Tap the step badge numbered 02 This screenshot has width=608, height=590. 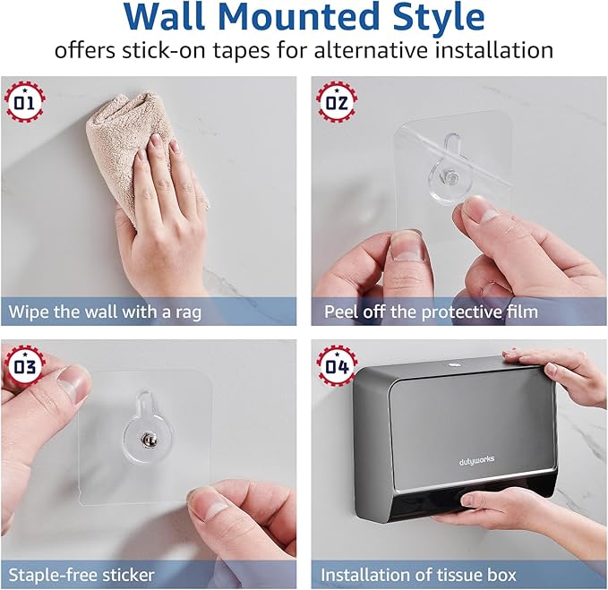(x=335, y=100)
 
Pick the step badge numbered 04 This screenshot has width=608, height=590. (x=335, y=364)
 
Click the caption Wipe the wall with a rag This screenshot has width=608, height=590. (x=106, y=312)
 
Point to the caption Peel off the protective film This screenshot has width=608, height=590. (x=430, y=312)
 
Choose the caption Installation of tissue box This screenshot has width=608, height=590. (x=418, y=574)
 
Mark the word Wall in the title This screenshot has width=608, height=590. (x=155, y=18)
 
